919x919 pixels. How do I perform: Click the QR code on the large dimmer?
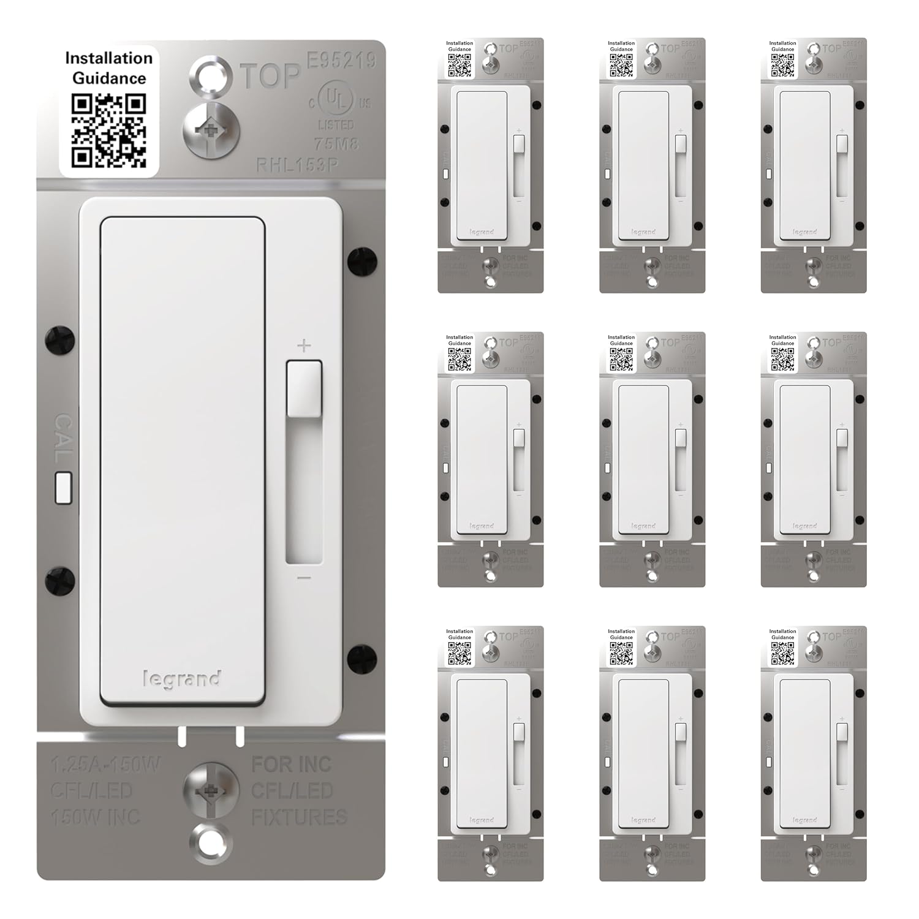(109, 130)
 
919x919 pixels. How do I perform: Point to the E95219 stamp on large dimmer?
(341, 60)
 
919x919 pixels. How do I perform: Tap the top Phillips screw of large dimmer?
(211, 130)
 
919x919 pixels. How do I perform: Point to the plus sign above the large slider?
(304, 346)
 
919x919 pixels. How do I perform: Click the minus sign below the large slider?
(304, 578)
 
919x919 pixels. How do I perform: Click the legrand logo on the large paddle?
(182, 679)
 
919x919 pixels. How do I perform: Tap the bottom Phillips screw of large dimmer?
(211, 790)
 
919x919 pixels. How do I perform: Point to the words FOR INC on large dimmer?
(292, 764)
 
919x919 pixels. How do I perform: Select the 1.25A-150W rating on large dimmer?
(105, 765)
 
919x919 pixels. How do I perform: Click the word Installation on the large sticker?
(109, 58)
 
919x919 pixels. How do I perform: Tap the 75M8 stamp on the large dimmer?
(336, 144)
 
